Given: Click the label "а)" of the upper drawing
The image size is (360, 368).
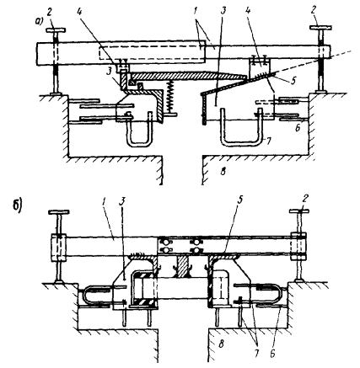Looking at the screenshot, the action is pos(40,23).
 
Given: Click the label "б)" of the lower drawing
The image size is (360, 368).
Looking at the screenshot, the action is pos(17,207).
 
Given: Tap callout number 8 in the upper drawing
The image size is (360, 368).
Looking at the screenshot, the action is pos(223,171).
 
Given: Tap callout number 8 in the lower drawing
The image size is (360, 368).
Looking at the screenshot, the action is pos(221,344).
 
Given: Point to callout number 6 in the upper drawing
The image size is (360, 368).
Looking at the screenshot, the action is pos(298,128).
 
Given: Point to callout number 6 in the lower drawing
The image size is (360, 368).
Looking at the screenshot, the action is pos(272,354).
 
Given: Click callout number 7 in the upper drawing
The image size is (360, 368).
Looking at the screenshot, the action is pos(269,141).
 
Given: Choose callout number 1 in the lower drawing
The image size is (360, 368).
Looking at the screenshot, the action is pos(105,201).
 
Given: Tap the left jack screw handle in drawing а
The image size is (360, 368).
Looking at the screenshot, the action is pos(56,29).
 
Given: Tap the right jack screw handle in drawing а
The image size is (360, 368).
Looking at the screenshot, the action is pos(320,28).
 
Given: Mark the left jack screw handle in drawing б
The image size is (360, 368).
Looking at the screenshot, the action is pos(59,212).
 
